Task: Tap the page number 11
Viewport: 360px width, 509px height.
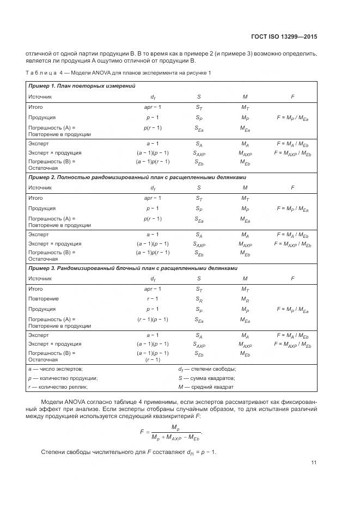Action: tap(314, 463)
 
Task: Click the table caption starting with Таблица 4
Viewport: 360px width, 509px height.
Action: tap(118, 73)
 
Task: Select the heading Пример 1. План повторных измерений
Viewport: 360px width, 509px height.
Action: tap(82, 86)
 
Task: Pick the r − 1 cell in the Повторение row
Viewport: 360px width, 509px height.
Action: tap(152, 299)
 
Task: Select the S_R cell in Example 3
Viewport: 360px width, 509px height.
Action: tap(199, 299)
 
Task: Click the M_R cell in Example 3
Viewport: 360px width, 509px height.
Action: tap(245, 299)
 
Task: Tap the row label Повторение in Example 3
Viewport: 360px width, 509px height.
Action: tap(44, 299)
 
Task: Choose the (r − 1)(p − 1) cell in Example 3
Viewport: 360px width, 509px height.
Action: tap(152, 319)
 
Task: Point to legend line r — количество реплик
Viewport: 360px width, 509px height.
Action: tap(58, 387)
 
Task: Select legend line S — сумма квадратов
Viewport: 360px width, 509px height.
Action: tap(207, 378)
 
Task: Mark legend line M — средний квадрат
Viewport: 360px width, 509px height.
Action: tap(206, 387)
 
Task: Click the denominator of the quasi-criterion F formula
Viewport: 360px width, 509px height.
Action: tap(176, 437)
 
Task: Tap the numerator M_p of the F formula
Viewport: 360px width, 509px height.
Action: tap(175, 426)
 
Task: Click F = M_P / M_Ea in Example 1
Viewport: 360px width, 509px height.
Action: tap(292, 117)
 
